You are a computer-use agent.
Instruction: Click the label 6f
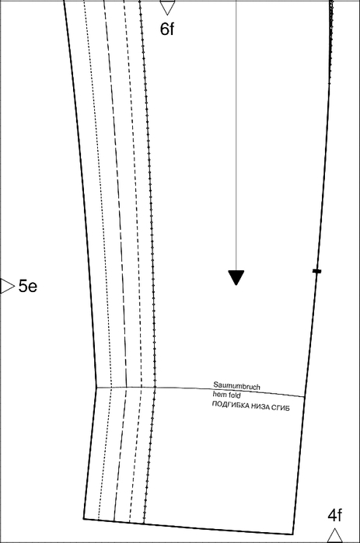(167, 29)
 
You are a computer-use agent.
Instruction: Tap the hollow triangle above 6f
(167, 7)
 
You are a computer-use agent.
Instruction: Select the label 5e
(28, 286)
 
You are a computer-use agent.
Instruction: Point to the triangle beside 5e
(6, 286)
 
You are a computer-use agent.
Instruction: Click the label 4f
(335, 515)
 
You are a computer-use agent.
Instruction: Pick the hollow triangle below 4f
(334, 535)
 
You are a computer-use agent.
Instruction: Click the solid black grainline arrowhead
(236, 277)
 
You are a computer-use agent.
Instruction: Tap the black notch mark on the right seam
(316, 271)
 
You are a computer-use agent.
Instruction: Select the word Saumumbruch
(236, 386)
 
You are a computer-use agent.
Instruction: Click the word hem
(220, 394)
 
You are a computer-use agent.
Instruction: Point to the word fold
(234, 395)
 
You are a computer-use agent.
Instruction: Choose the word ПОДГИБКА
(230, 405)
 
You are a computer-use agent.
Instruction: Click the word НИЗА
(260, 406)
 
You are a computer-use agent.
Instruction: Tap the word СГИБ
(281, 408)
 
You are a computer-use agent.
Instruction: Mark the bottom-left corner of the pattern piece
(83, 519)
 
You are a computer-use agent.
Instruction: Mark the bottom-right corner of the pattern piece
(293, 534)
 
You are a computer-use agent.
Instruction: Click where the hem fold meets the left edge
(96, 388)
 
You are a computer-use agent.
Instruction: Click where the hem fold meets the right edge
(305, 397)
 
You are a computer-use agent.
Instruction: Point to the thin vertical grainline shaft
(236, 135)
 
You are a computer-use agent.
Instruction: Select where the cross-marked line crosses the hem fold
(155, 387)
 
